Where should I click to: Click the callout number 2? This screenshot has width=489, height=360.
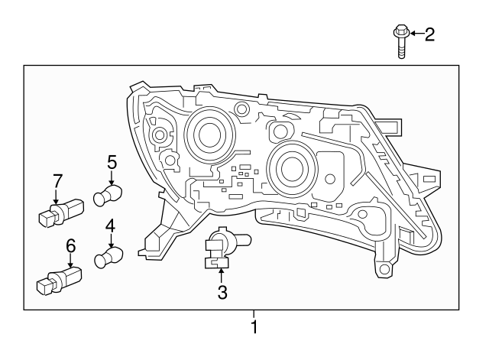coord(429,33)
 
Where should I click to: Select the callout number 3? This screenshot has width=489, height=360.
coord(222,291)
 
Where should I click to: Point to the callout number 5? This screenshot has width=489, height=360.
coord(112,161)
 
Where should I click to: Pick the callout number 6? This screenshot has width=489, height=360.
coord(70,246)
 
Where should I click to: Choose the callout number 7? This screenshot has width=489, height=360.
coord(57,181)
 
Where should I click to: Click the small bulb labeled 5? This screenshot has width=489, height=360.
coord(108,196)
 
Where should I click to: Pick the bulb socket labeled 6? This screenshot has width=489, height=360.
coord(57,280)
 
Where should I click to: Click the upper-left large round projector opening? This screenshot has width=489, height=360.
coord(206,135)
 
